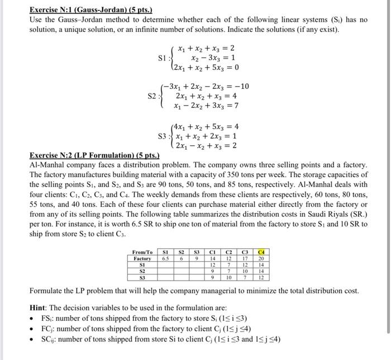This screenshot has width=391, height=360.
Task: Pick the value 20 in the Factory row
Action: click(x=261, y=259)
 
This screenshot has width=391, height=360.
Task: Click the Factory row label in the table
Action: click(x=142, y=259)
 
